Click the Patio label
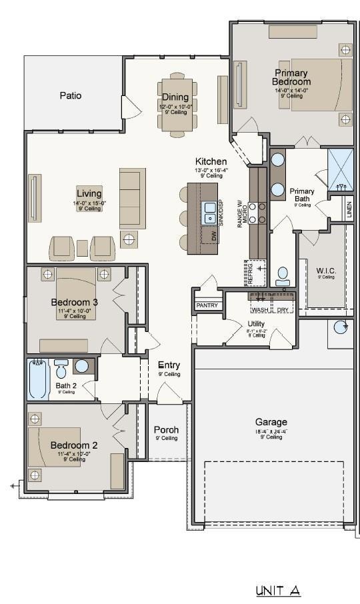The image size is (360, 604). pyautogui.click(x=70, y=95)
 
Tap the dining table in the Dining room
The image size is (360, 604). pyautogui.click(x=177, y=107)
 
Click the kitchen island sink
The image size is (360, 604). pyautogui.click(x=209, y=212)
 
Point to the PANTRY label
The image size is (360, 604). pyautogui.click(x=206, y=305)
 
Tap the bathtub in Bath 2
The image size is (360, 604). pyautogui.click(x=38, y=379)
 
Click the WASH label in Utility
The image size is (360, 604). pyautogui.click(x=259, y=310)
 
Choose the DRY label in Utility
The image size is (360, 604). pyautogui.click(x=283, y=310)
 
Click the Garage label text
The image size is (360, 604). pyautogui.click(x=271, y=422)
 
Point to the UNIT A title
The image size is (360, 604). pyautogui.click(x=278, y=591)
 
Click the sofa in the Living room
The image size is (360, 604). pyautogui.click(x=132, y=198)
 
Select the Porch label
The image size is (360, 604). pyautogui.click(x=166, y=430)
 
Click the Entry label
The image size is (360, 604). pyautogui.click(x=169, y=365)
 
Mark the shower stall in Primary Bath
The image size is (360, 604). pyautogui.click(x=340, y=169)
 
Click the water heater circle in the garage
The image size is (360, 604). pyautogui.click(x=341, y=327)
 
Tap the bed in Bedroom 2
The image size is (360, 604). pyautogui.click(x=57, y=445)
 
